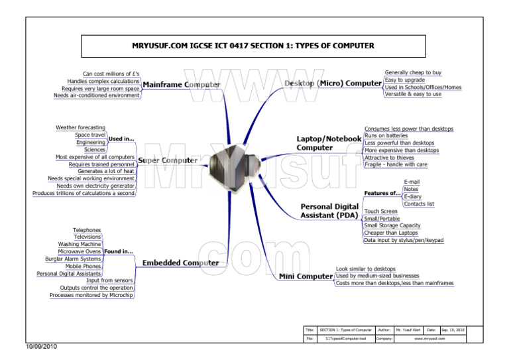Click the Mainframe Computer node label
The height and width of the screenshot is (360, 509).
pyautogui.click(x=182, y=85)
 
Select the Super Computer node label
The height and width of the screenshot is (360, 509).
pyautogui.click(x=168, y=160)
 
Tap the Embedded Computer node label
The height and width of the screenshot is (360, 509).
pyautogui.click(x=181, y=263)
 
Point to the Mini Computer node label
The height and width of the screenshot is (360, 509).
pyautogui.click(x=305, y=276)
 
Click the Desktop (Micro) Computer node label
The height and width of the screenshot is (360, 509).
pyautogui.click(x=333, y=84)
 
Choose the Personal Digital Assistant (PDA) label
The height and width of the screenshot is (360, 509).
pyautogui.click(x=329, y=211)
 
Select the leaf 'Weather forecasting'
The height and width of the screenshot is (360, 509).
pyautogui.click(x=80, y=127)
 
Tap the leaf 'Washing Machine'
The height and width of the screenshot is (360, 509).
pyautogui.click(x=80, y=244)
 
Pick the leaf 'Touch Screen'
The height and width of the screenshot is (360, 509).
pyautogui.click(x=381, y=211)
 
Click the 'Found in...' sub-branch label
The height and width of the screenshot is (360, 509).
pyautogui.click(x=119, y=252)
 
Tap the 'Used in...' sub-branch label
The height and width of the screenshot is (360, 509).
pyautogui.click(x=121, y=139)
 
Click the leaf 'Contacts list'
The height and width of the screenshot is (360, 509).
pyautogui.click(x=419, y=204)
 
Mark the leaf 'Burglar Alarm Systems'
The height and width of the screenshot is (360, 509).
pyautogui.click(x=73, y=259)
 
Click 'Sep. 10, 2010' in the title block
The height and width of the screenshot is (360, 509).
pyautogui.click(x=453, y=330)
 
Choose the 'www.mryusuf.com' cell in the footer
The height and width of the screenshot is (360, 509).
pyautogui.click(x=429, y=338)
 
